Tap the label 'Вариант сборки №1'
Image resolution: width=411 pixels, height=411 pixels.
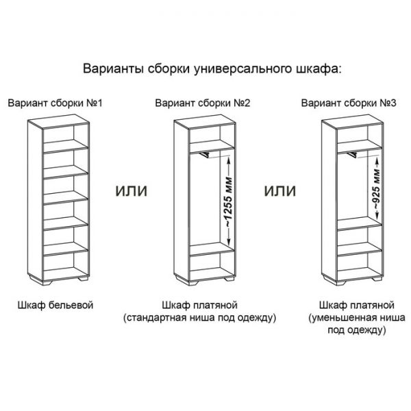55,104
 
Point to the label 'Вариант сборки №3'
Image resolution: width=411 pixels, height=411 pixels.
349,104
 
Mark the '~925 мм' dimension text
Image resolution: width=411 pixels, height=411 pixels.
375,186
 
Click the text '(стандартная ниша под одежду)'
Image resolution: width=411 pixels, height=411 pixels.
200,318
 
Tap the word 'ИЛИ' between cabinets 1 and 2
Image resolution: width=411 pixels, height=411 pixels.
130,188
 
